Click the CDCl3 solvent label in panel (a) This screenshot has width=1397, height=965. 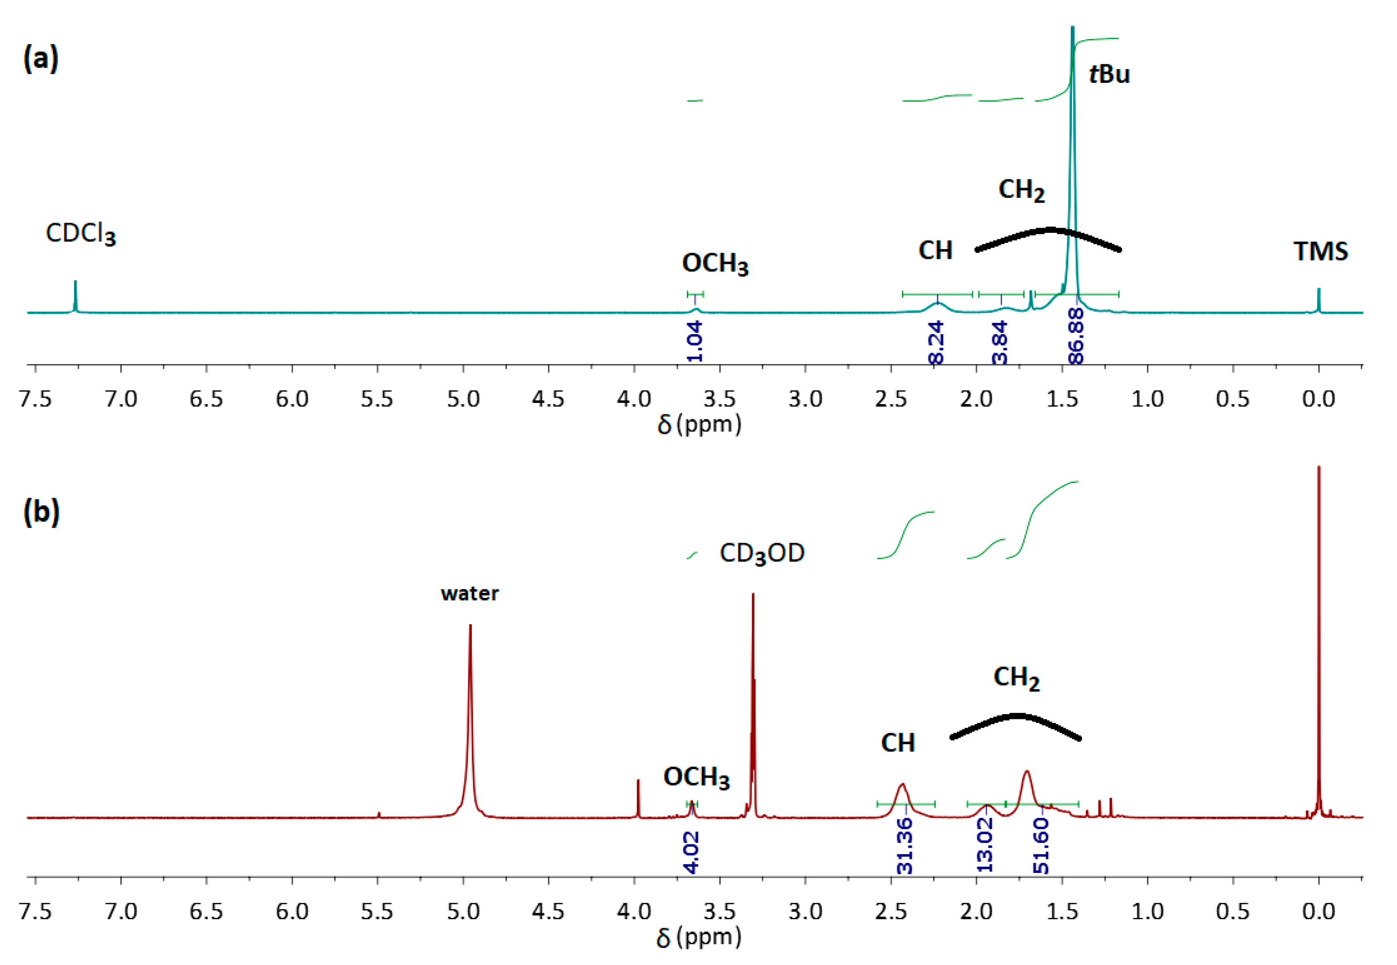(x=80, y=233)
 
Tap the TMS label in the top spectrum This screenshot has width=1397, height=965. (x=1320, y=251)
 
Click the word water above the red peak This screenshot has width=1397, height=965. (x=469, y=594)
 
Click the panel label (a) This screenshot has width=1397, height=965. (x=41, y=59)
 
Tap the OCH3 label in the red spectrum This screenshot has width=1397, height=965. (x=696, y=778)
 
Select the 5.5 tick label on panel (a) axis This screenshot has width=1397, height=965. (x=377, y=399)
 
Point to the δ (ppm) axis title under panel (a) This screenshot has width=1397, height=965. (x=698, y=425)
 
